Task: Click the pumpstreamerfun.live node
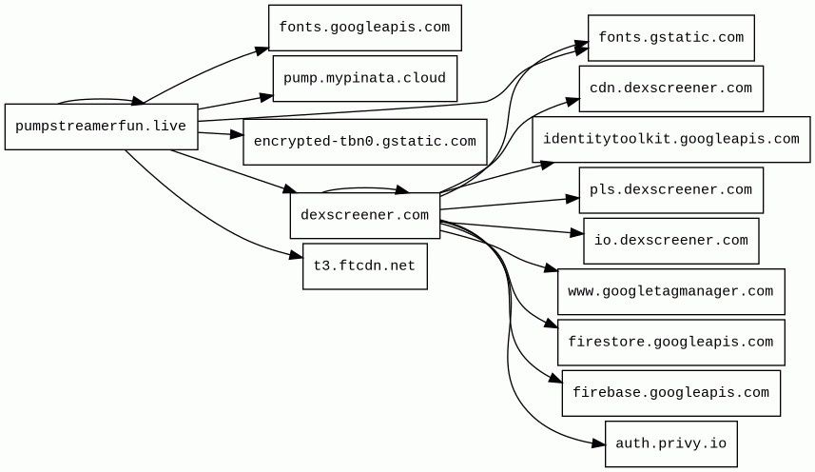[101, 127]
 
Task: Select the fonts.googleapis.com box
[364, 28]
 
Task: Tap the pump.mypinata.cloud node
[364, 78]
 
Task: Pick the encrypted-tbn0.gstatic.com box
[364, 142]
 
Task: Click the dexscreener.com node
[364, 215]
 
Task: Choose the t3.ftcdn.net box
[364, 266]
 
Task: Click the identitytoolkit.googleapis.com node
[670, 140]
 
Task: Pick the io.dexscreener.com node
[670, 241]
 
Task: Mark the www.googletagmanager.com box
[670, 291]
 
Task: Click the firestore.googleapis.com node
[670, 343]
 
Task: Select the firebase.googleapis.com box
[670, 393]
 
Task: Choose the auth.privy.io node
[670, 443]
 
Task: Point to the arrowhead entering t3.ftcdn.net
[296, 255]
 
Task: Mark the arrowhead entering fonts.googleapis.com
[262, 48]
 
